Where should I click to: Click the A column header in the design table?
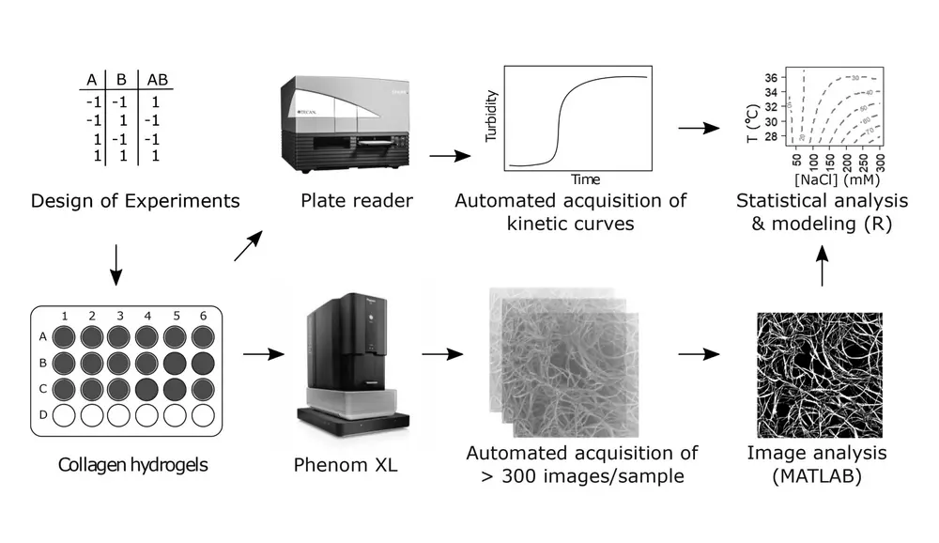(92, 81)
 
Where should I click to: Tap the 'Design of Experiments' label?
(135, 200)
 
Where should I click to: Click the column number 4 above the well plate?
(146, 317)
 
